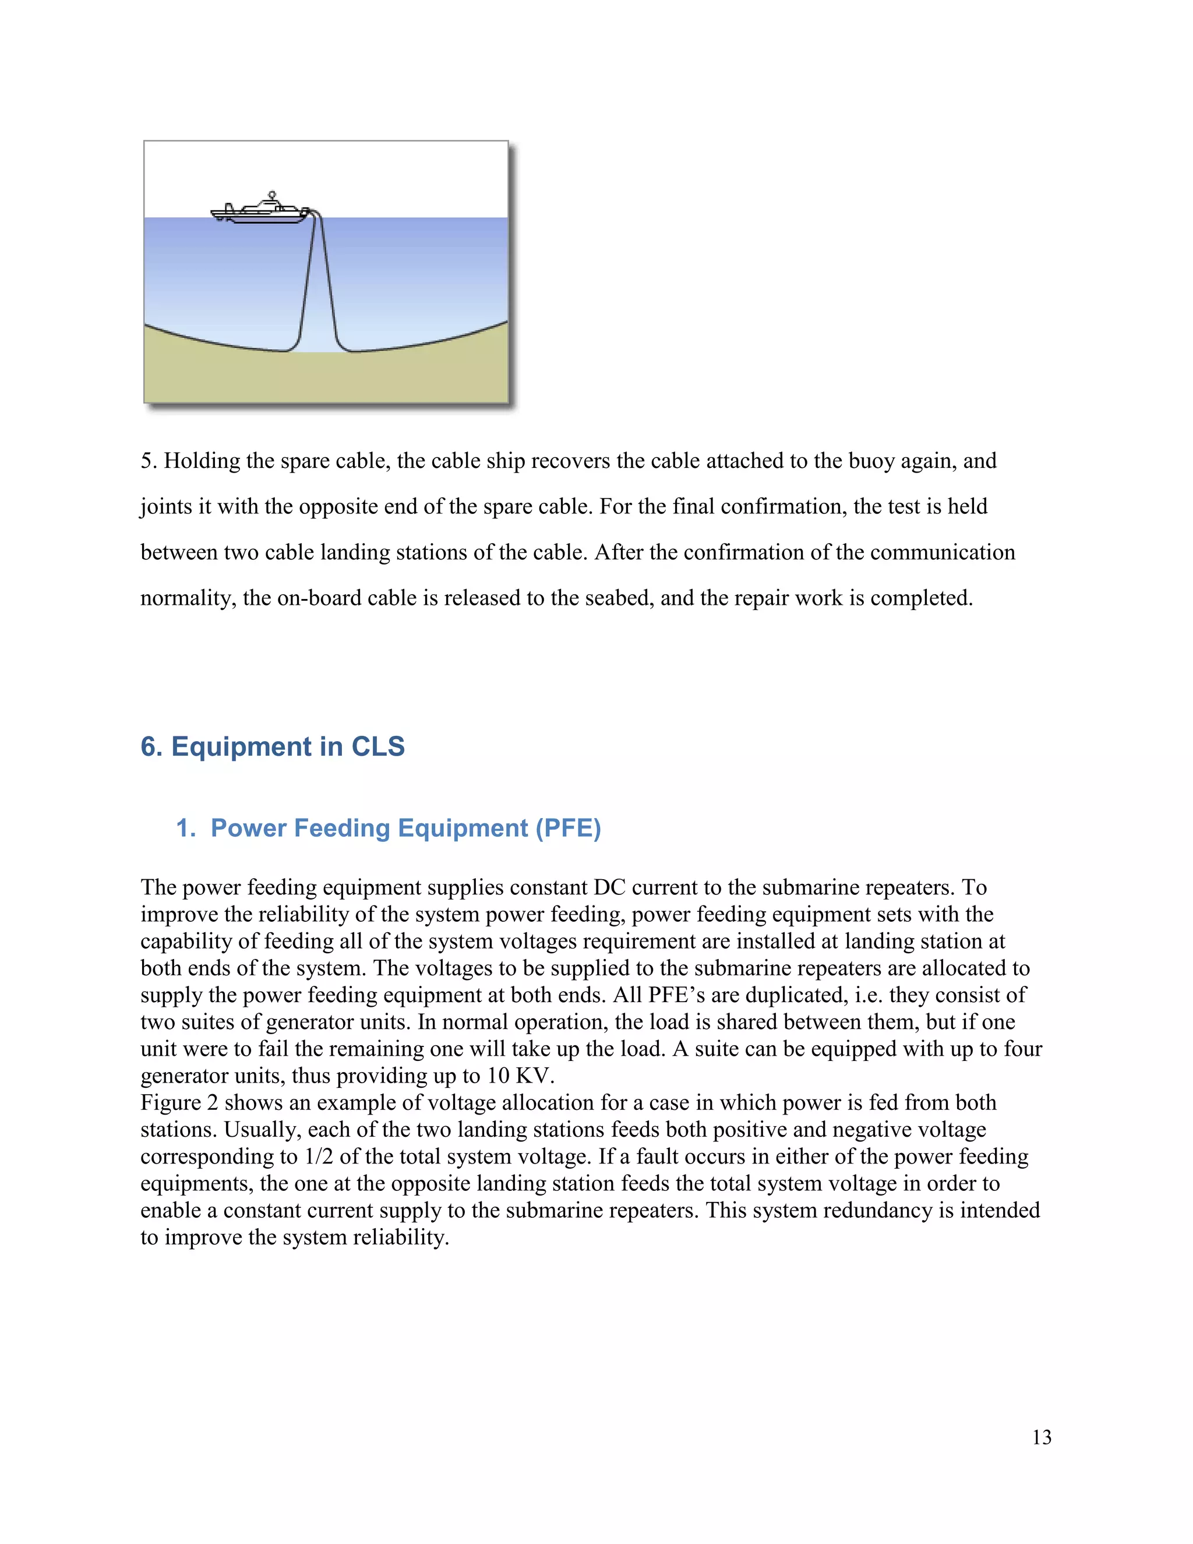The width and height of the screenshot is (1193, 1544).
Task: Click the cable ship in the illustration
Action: [x=259, y=211]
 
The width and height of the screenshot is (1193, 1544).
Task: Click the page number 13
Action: [x=1041, y=1437]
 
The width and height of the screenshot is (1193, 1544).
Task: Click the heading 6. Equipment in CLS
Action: [x=272, y=746]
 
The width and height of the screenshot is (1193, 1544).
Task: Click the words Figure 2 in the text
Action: [x=179, y=1103]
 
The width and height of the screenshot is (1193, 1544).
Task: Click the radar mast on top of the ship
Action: [x=272, y=196]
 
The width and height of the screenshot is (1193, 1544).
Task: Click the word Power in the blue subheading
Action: [x=249, y=828]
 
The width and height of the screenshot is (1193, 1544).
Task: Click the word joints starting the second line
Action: [x=165, y=507]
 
